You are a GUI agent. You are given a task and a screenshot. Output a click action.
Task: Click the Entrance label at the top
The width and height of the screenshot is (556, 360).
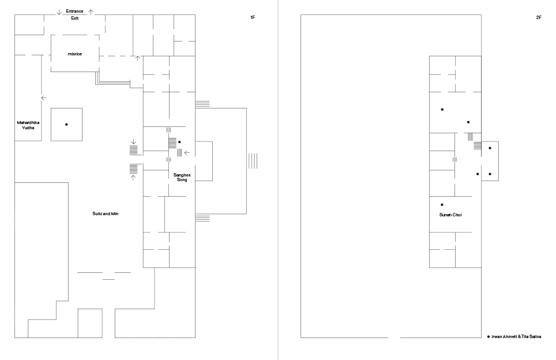74,12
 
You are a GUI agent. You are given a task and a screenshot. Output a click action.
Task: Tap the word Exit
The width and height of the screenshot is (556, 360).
75,18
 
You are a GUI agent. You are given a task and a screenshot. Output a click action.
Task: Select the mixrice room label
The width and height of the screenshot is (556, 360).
75,54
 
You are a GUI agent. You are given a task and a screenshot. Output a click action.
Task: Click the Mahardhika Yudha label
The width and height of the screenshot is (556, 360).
28,125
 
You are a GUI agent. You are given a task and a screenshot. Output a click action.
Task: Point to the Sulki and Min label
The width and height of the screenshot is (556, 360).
106,214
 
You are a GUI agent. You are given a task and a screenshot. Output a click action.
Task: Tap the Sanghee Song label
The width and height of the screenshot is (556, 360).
182,177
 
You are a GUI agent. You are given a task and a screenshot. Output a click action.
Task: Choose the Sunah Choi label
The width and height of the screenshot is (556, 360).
450,215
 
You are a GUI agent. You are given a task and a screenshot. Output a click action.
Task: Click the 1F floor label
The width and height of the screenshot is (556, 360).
253,17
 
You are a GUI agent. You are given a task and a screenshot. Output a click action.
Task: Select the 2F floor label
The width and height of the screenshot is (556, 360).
539,17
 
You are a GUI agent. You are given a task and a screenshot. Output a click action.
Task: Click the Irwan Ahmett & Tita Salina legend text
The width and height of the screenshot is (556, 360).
516,336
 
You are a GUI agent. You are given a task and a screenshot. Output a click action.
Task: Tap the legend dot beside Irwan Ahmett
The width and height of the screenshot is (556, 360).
489,336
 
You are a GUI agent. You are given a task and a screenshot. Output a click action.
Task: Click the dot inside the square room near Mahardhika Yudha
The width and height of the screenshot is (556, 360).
66,125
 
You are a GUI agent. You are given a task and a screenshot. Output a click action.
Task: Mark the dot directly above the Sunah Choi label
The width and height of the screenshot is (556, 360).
442,205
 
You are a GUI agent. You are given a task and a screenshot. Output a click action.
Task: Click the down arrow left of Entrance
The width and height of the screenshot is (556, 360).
59,13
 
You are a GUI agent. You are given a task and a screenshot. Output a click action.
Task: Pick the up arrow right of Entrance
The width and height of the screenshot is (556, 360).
91,12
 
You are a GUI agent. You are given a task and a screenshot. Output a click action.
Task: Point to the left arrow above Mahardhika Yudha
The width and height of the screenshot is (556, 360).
44,98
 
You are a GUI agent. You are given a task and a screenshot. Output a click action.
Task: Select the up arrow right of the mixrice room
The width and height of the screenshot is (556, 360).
138,58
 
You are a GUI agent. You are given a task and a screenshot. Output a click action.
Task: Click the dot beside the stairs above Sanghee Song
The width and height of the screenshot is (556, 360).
179,142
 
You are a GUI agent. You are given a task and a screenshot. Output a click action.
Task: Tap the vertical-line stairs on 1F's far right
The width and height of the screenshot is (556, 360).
253,161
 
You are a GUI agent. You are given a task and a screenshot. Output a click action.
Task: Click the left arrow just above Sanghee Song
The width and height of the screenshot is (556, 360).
187,153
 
